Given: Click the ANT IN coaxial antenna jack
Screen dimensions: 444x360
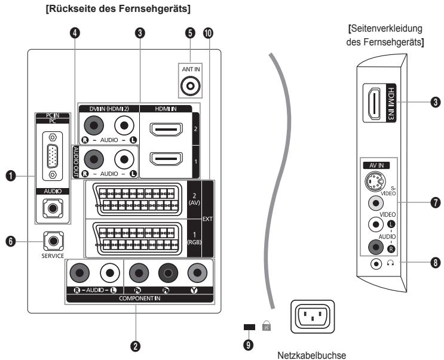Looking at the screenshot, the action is point(191,85).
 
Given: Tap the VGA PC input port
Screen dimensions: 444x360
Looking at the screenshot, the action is point(53,156).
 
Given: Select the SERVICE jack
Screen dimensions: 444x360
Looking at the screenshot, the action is point(54,241).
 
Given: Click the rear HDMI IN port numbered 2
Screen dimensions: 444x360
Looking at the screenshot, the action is point(166,130).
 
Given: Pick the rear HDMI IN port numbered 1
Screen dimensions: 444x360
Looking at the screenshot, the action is point(166,159).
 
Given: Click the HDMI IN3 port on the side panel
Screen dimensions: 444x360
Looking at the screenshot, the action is point(373,103).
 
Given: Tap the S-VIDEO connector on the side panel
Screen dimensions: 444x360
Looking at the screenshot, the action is point(375,181).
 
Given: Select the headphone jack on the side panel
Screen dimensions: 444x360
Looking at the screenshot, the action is point(376,264).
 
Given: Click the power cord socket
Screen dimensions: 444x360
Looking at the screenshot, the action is point(313,317).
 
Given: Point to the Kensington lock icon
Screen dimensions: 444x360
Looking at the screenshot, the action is point(267,325).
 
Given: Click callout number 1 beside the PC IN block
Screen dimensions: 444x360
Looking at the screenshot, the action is point(11,176).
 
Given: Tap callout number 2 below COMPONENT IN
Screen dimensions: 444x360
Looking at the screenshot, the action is point(136,346).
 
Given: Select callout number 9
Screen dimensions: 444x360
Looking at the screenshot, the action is point(248,345).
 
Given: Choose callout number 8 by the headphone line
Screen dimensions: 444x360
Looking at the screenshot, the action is point(436,263).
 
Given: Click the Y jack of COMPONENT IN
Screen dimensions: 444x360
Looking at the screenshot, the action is point(197,273).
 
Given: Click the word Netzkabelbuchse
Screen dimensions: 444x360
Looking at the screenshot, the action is point(311,355).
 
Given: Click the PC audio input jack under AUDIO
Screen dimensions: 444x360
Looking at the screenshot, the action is point(53,208).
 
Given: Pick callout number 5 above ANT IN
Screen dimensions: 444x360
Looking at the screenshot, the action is point(190,33).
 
